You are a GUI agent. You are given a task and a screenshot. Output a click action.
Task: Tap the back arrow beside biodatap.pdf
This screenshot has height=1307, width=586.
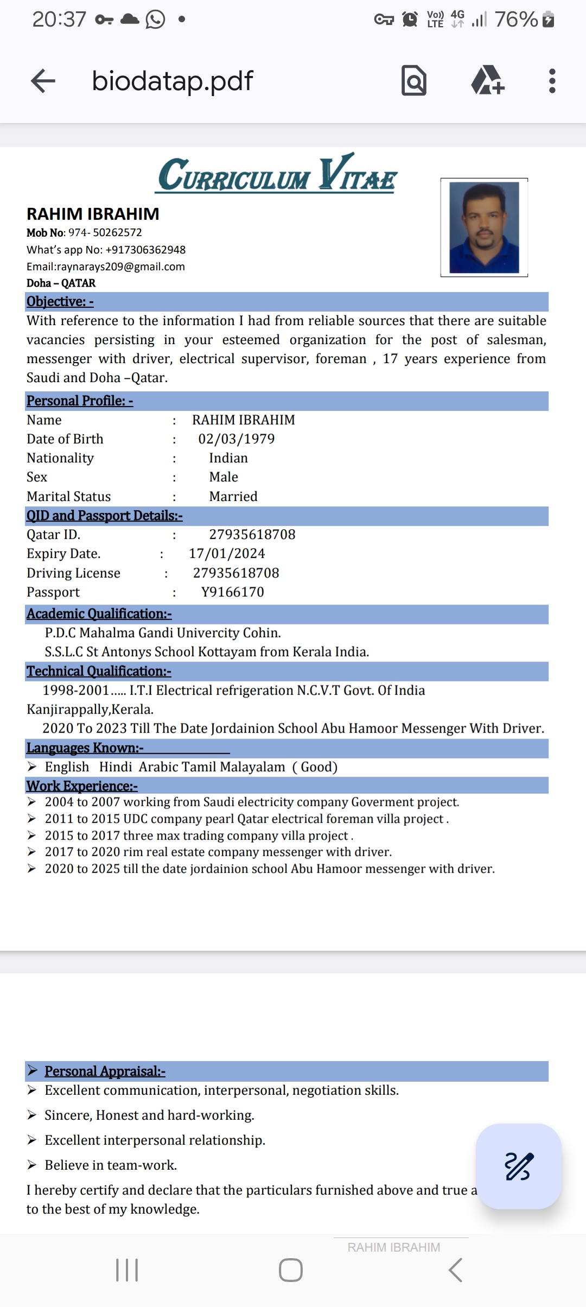[x=43, y=81]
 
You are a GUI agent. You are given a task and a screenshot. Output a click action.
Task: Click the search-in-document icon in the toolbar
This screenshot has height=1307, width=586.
[x=414, y=81]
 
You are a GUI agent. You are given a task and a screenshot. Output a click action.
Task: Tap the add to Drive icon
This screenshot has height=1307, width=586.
[x=487, y=81]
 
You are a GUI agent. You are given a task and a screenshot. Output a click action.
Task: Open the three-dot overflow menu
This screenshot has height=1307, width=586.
[x=552, y=81]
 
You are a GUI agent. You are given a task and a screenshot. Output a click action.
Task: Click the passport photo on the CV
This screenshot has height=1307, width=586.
[x=484, y=227]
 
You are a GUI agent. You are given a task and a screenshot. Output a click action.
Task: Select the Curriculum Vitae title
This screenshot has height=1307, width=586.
[x=277, y=175]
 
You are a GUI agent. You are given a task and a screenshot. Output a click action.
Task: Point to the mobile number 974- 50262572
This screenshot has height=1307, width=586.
[x=105, y=233]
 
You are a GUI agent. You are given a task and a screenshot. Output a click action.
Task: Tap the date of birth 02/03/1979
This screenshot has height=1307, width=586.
[x=237, y=439]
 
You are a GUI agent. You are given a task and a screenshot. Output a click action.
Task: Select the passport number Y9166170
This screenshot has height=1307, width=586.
[x=233, y=592]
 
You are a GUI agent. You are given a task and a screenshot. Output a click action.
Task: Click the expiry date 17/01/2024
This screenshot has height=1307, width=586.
[x=227, y=554]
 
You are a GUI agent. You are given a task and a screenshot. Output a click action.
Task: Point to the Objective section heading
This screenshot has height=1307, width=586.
[x=60, y=302]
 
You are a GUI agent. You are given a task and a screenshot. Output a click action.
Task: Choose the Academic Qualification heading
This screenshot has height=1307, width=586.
[x=99, y=614]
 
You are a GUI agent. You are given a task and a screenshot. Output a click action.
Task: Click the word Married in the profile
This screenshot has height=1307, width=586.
[x=233, y=497]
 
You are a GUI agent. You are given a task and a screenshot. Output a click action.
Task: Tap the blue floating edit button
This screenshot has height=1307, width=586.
[x=518, y=1166]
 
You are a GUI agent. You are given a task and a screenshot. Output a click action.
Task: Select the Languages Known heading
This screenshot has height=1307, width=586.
[x=85, y=748]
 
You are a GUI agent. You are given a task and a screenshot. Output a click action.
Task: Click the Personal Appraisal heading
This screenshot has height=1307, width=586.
[x=105, y=1071]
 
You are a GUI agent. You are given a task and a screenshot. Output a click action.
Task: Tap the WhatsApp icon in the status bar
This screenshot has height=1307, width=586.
[x=155, y=20]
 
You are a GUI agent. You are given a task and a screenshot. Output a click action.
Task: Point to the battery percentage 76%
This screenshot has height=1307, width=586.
[x=516, y=20]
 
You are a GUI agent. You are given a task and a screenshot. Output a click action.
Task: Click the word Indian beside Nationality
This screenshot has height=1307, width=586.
[x=228, y=458]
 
